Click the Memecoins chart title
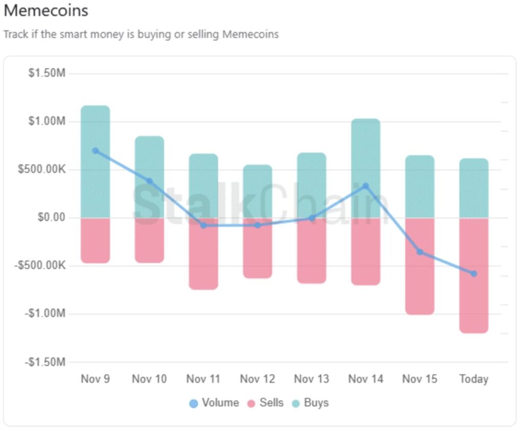pyautogui.click(x=46, y=10)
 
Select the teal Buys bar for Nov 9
pyautogui.click(x=96, y=161)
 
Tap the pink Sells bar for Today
pyautogui.click(x=474, y=275)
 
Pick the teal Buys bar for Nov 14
pyautogui.click(x=366, y=168)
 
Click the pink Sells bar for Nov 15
pyautogui.click(x=420, y=266)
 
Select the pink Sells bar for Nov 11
pyautogui.click(x=203, y=253)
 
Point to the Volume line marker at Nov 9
pyautogui.click(x=96, y=151)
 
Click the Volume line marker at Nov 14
pyautogui.click(x=366, y=186)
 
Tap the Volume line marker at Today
pyautogui.click(x=474, y=274)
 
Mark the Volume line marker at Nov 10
pyautogui.click(x=150, y=181)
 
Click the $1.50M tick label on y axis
pyautogui.click(x=47, y=74)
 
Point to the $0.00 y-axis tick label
pyautogui.click(x=52, y=218)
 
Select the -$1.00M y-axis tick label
pyautogui.click(x=45, y=314)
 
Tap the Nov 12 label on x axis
pyautogui.click(x=257, y=379)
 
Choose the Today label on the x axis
pyautogui.click(x=474, y=379)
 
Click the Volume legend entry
pyautogui.click(x=214, y=403)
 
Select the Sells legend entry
pyautogui.click(x=265, y=403)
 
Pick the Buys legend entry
pyautogui.click(x=310, y=403)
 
